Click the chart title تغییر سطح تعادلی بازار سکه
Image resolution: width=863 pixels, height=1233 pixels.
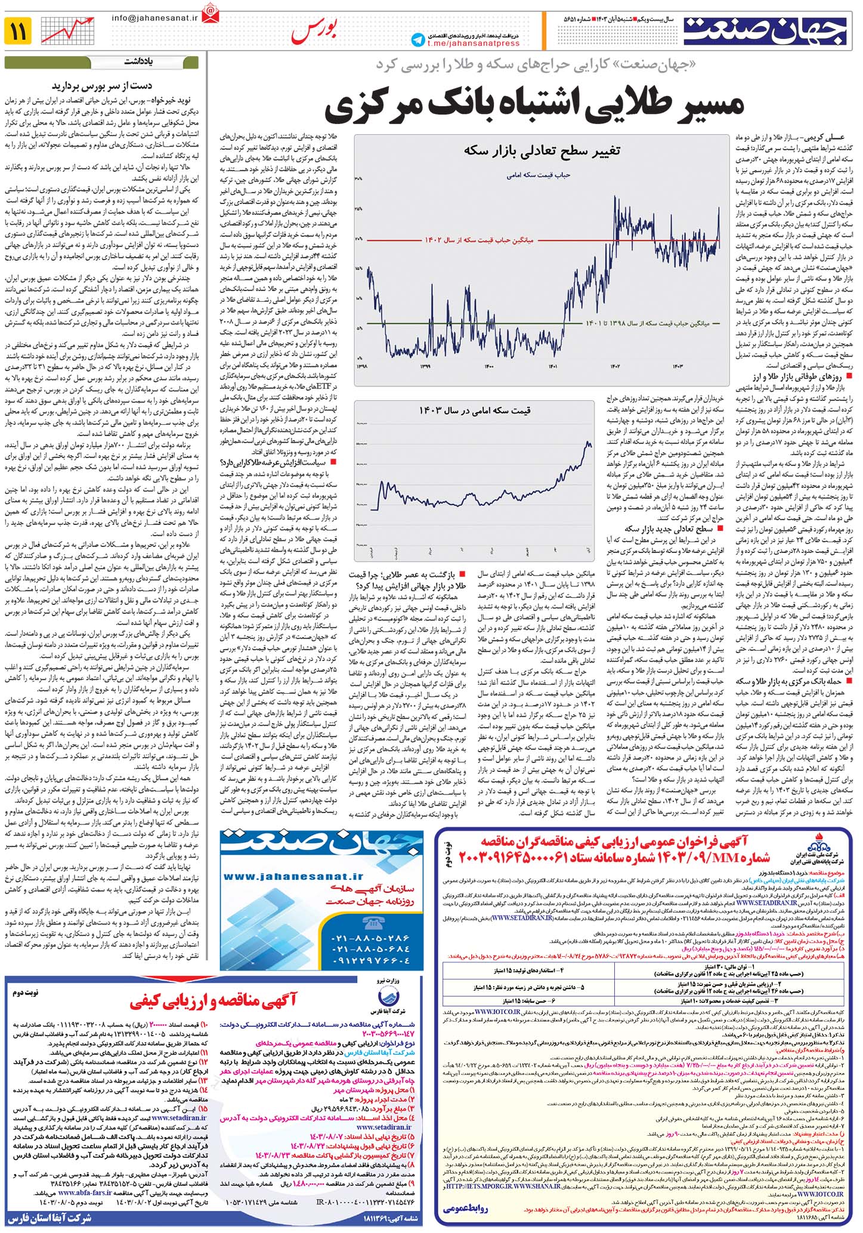[x=542, y=150]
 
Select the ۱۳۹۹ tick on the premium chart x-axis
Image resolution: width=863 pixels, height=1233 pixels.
[x=425, y=366]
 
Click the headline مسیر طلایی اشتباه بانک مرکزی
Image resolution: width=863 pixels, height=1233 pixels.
[x=535, y=104]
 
